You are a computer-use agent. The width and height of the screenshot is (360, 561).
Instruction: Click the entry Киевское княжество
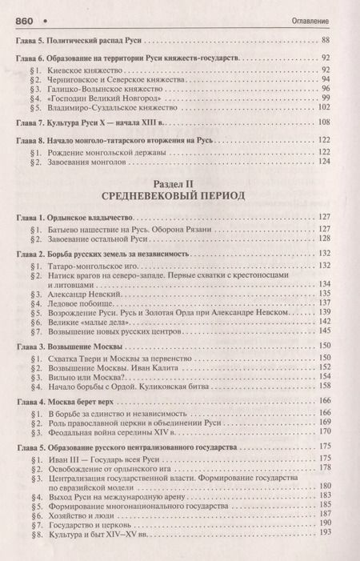78,71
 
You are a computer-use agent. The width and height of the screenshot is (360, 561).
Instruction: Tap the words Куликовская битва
168,384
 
